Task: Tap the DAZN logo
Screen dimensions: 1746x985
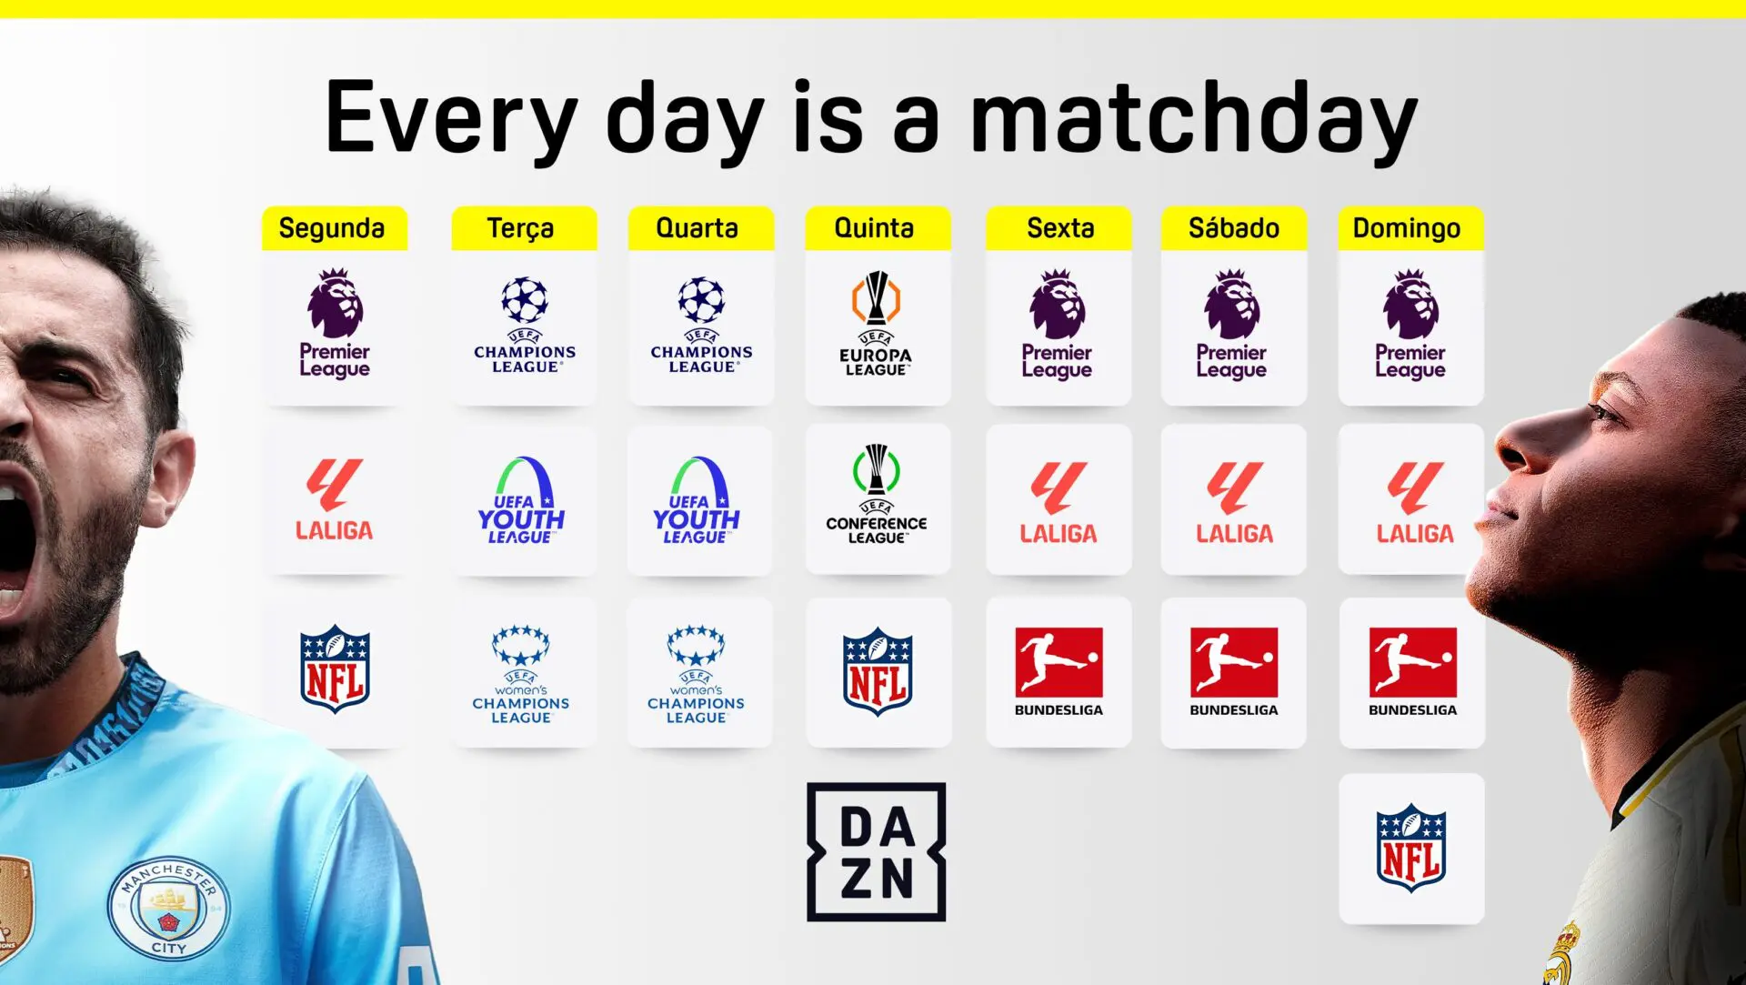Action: (x=877, y=852)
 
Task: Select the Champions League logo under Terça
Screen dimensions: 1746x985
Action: (x=525, y=325)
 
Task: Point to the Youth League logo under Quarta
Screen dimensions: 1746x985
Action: (x=697, y=500)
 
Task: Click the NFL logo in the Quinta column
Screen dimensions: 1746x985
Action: (x=878, y=671)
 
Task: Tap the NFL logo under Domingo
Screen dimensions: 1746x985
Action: (x=1411, y=848)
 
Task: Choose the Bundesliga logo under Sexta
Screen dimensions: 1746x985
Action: (x=1059, y=671)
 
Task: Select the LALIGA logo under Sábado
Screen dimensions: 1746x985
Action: (x=1234, y=503)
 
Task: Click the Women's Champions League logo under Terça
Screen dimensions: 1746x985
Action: (x=521, y=674)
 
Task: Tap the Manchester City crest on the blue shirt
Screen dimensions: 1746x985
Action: (x=168, y=909)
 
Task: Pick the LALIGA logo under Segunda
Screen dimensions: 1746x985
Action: (x=334, y=499)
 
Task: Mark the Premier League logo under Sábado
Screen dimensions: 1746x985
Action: (x=1232, y=324)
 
